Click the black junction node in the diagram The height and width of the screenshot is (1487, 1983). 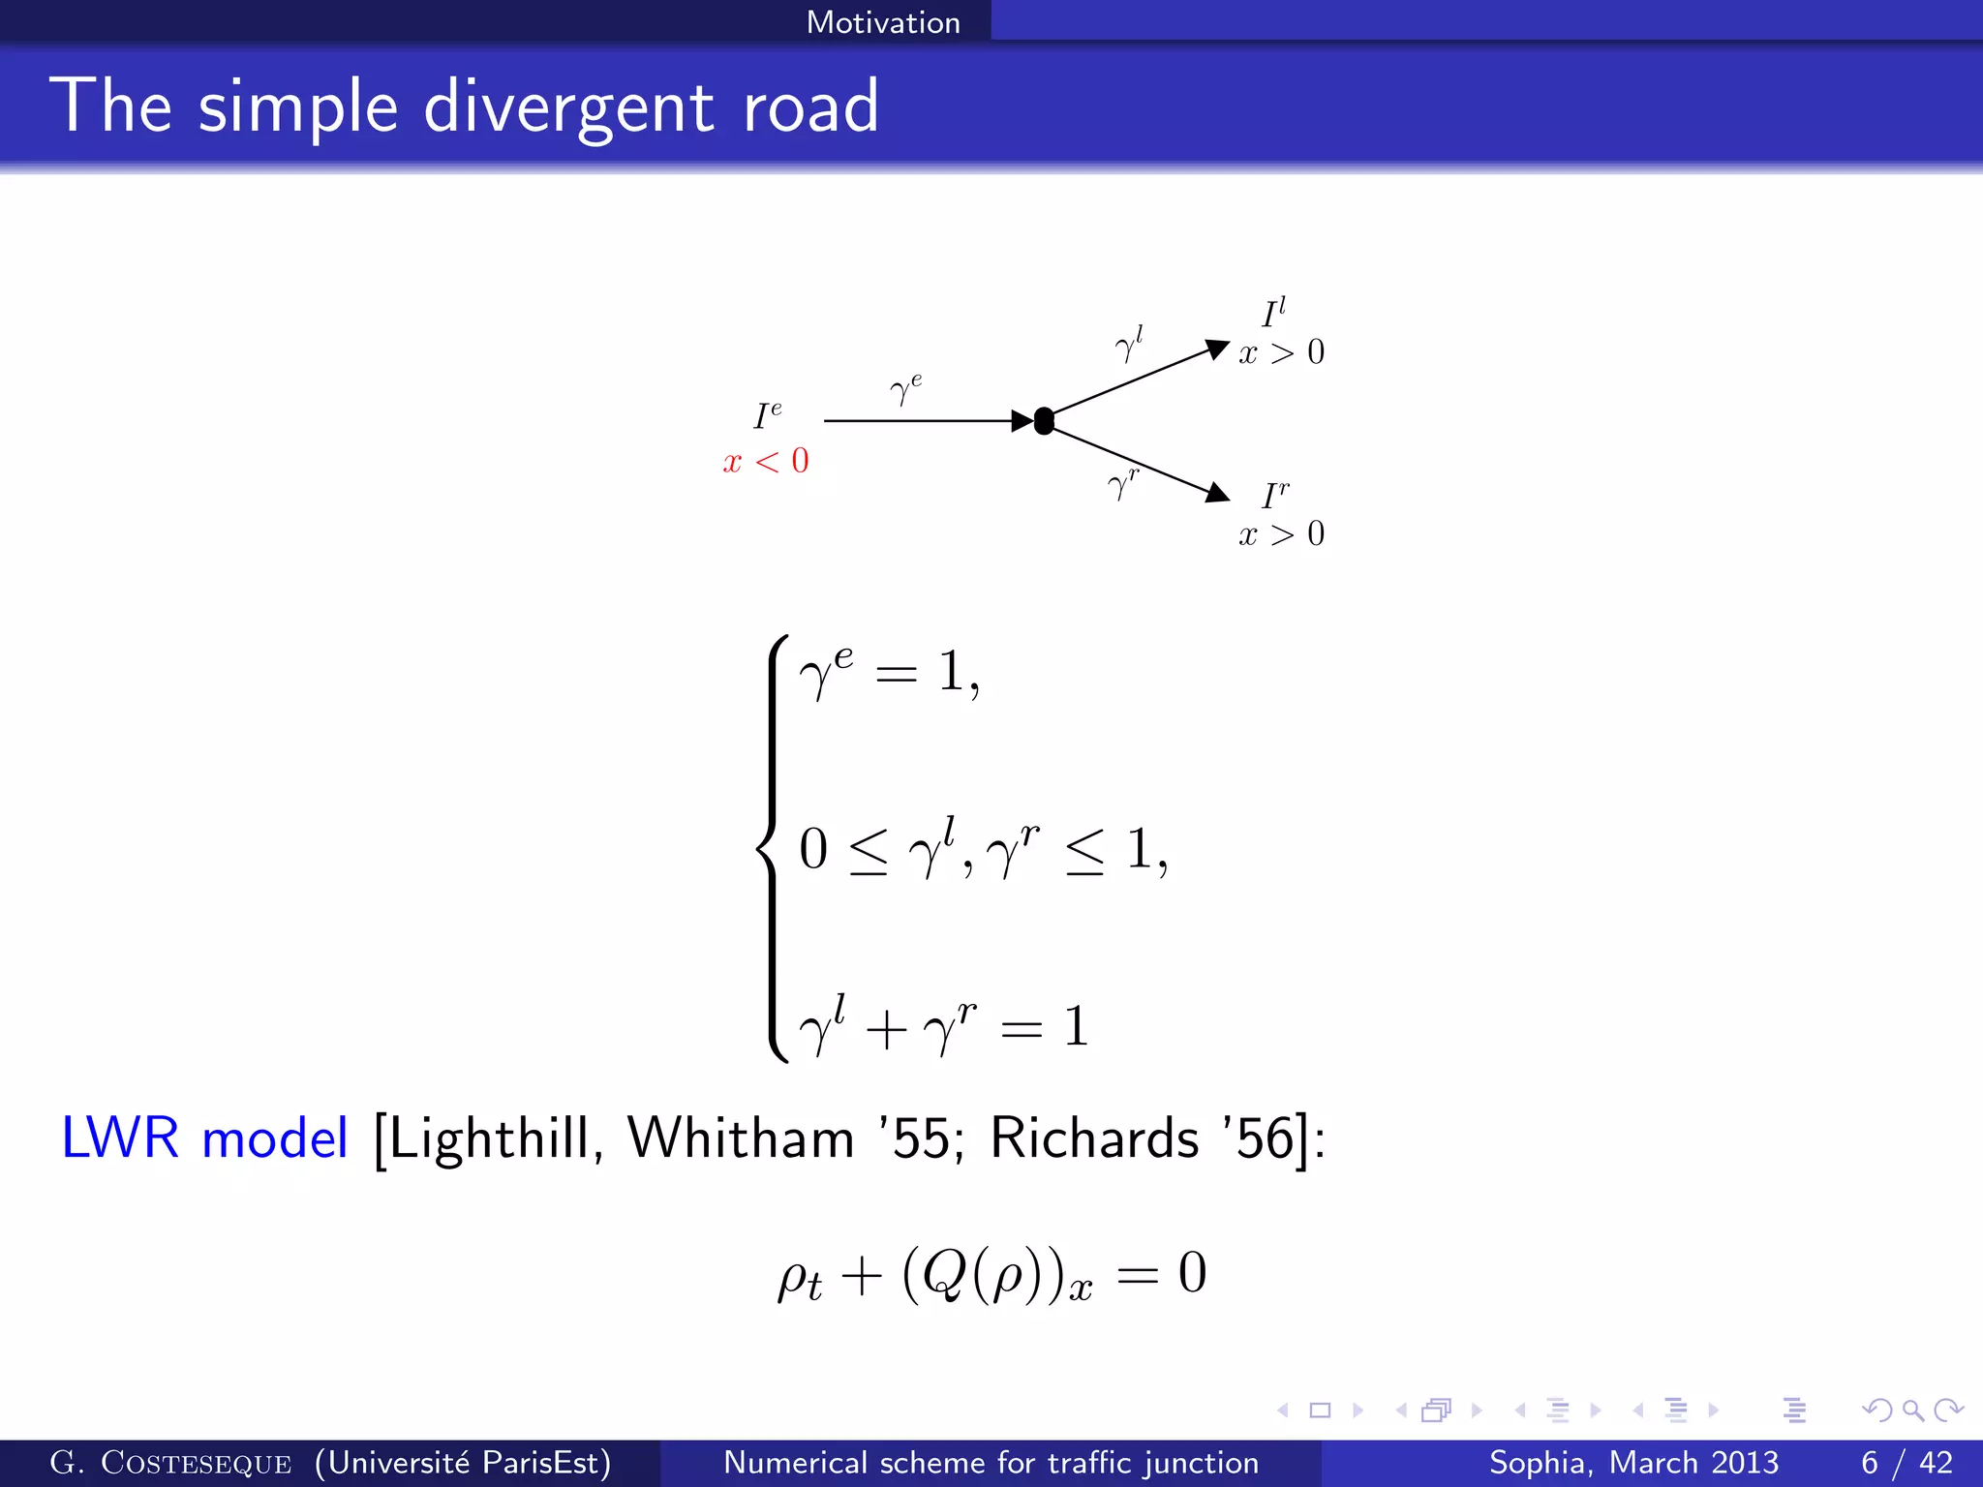coord(1044,421)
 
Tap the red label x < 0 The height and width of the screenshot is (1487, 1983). coord(766,461)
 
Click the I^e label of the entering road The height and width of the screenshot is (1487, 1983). coord(768,415)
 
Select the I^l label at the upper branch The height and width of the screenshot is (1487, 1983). coord(1274,313)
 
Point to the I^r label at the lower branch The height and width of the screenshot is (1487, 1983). coord(1276,495)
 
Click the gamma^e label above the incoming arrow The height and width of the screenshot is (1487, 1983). coord(906,388)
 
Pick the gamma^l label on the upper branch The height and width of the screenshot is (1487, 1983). coord(1129,344)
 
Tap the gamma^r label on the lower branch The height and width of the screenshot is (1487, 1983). coord(1123,483)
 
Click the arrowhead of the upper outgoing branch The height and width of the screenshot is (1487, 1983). coord(1216,349)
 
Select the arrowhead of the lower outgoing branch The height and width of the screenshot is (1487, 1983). coord(1216,493)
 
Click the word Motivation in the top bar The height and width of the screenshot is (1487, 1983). coord(883,22)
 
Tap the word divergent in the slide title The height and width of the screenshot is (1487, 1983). coord(569,106)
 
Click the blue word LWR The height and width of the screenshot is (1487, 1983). coord(120,1138)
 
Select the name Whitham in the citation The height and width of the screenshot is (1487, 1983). coord(741,1138)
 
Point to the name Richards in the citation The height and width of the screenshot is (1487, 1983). coord(1094,1138)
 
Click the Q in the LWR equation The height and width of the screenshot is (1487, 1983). coord(944,1273)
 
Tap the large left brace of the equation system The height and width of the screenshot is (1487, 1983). coord(773,849)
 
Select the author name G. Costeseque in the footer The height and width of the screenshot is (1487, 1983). coord(170,1462)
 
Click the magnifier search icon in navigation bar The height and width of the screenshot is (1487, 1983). coord(1912,1410)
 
